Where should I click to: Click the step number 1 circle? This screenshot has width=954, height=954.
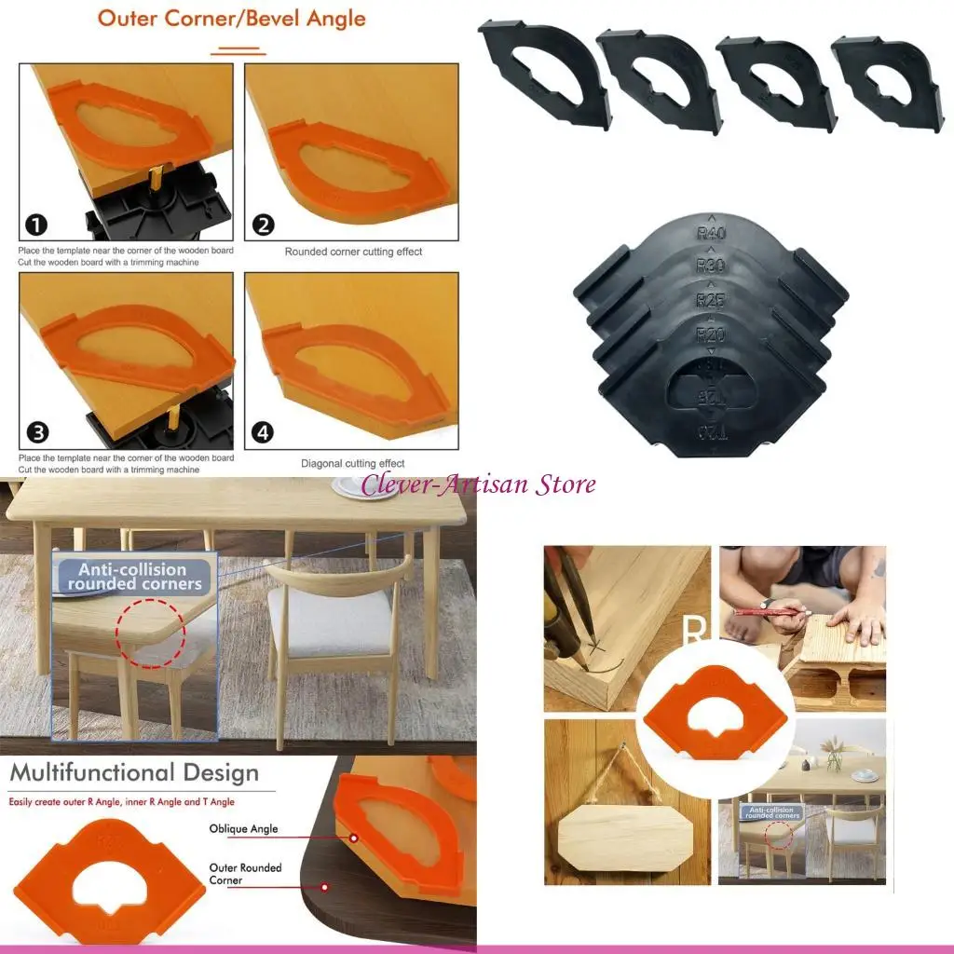pos(34,225)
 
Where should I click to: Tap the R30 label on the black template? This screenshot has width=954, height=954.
pos(712,266)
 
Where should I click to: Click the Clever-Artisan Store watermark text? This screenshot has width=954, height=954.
pos(478,484)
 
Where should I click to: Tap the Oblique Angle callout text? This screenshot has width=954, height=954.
pos(243,829)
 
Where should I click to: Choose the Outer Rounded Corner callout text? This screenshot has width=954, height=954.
pos(245,874)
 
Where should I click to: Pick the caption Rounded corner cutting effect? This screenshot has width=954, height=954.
pos(353,252)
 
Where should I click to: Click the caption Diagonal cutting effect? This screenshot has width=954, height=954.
pos(352,463)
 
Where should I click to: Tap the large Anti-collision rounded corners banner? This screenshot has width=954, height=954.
pos(133,577)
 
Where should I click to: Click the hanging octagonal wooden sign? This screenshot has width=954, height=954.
pos(625,837)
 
